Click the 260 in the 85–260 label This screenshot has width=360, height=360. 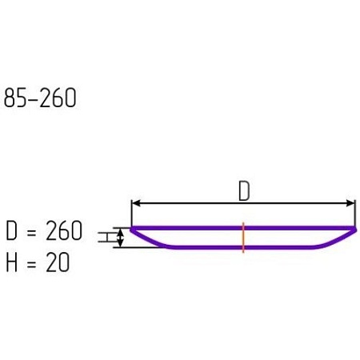click(58, 98)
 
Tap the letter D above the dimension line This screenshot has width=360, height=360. click(244, 191)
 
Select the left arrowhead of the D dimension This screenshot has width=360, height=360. click(136, 203)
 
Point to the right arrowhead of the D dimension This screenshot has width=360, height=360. click(350, 203)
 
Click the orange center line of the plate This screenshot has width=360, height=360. click(243, 237)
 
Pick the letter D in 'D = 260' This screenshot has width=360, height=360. click(11, 230)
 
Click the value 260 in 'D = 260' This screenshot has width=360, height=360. click(64, 230)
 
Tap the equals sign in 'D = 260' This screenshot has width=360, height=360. click(31, 231)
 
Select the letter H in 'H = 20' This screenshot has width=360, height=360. click(11, 262)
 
